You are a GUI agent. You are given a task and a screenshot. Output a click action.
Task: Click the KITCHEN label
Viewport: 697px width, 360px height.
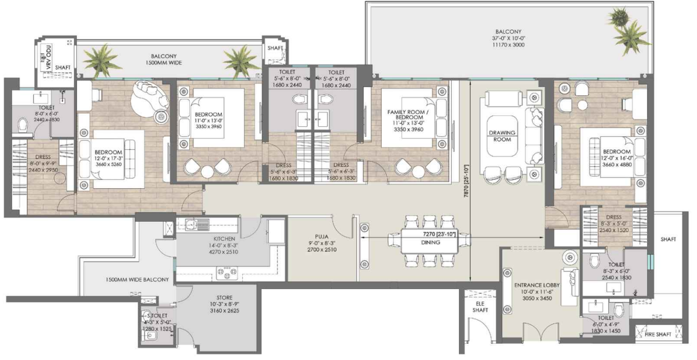pyautogui.click(x=224, y=239)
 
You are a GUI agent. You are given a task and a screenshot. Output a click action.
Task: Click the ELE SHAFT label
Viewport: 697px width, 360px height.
pyautogui.click(x=480, y=306)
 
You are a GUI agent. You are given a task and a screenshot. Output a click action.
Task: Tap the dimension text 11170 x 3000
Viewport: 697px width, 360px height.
pyautogui.click(x=508, y=45)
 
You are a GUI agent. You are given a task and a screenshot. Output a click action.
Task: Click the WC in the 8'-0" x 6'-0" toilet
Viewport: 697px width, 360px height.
pyautogui.click(x=22, y=123)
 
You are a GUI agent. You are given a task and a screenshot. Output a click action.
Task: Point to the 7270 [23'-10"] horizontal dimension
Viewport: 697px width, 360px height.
pyautogui.click(x=438, y=234)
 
